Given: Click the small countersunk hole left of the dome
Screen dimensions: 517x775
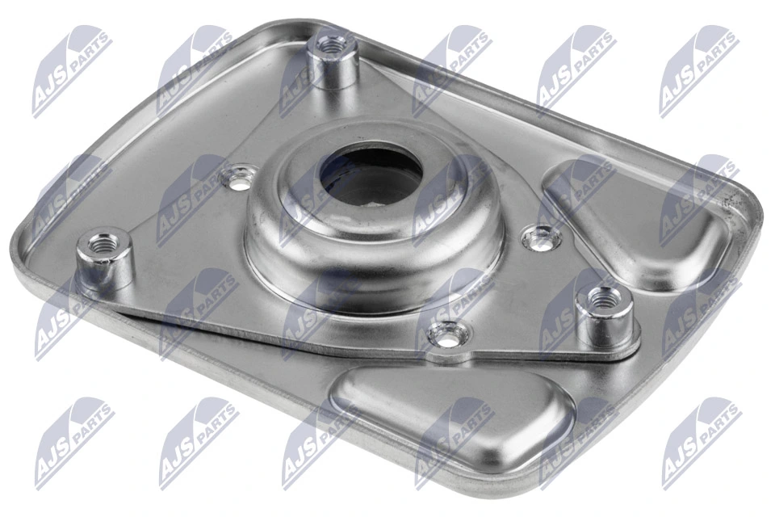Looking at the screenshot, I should point(240,178).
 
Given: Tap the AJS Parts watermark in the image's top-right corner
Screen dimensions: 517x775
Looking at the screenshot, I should point(698,69).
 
